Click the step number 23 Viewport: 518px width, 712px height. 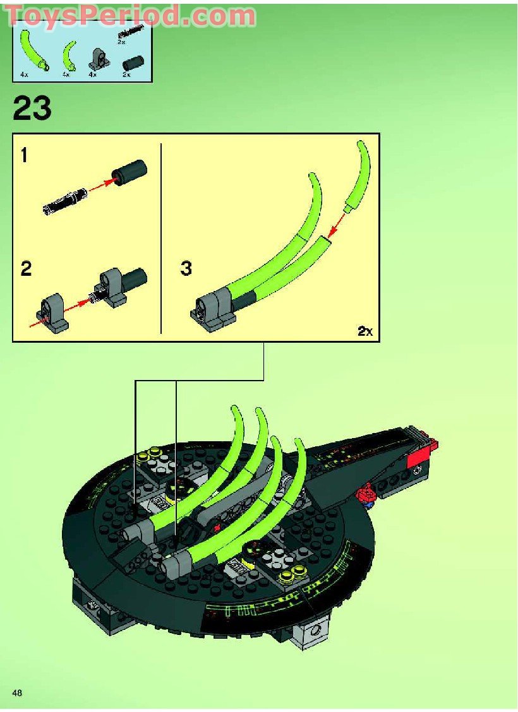(x=32, y=108)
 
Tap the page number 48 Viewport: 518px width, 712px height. (x=17, y=693)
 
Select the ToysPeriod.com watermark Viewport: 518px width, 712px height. (x=131, y=15)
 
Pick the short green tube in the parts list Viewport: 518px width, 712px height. (x=69, y=57)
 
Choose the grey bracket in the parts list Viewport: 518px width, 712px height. (x=97, y=59)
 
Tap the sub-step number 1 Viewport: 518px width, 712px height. (x=24, y=155)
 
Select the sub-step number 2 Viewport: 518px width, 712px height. (x=25, y=269)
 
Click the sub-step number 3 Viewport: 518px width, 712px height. (x=185, y=269)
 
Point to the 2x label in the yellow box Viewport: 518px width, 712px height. (x=364, y=331)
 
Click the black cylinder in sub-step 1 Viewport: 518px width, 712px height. (x=129, y=171)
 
